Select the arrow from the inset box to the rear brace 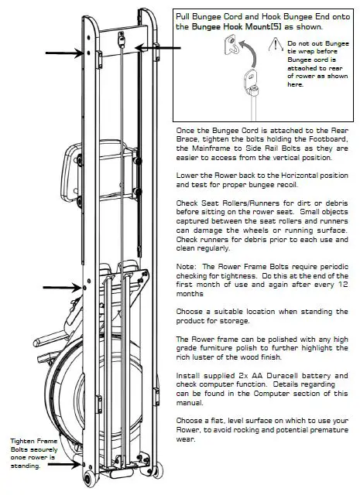(155, 47)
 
